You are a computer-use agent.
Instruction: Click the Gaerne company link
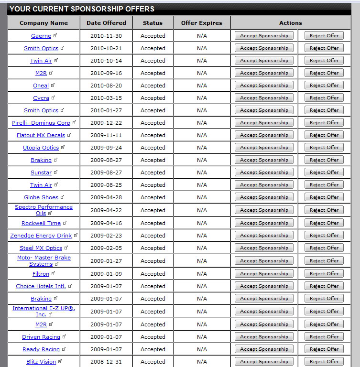pyautogui.click(x=41, y=36)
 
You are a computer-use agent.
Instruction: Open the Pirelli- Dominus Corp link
pyautogui.click(x=41, y=123)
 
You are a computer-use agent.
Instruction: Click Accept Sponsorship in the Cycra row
pyautogui.click(x=264, y=98)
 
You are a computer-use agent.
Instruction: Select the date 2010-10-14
pyautogui.click(x=106, y=61)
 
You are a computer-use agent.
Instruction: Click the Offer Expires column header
pyautogui.click(x=202, y=23)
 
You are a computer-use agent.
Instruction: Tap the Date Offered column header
pyautogui.click(x=106, y=23)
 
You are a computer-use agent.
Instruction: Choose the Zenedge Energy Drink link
pyautogui.click(x=41, y=236)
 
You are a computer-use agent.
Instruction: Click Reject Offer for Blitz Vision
pyautogui.click(x=324, y=362)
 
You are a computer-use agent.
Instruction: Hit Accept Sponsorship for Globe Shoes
pyautogui.click(x=264, y=197)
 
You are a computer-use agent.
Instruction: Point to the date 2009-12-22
pyautogui.click(x=106, y=123)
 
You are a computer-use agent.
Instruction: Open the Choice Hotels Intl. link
pyautogui.click(x=41, y=286)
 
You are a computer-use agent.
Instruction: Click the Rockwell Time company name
pyautogui.click(x=41, y=223)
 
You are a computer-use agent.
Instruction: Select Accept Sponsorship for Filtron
pyautogui.click(x=264, y=274)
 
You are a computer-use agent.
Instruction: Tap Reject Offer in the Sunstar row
pyautogui.click(x=324, y=173)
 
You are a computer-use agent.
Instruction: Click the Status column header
pyautogui.click(x=153, y=23)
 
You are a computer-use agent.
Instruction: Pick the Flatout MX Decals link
pyautogui.click(x=41, y=135)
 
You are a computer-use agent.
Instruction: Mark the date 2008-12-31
pyautogui.click(x=106, y=362)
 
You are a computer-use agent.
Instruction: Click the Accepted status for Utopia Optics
pyautogui.click(x=153, y=148)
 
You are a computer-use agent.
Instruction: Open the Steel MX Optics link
pyautogui.click(x=41, y=248)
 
